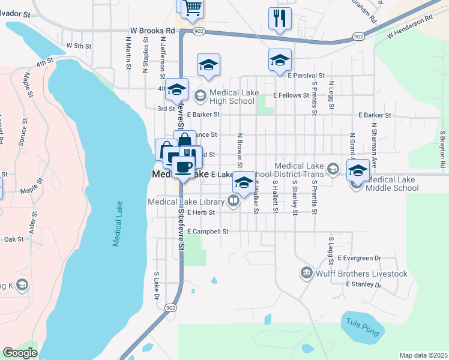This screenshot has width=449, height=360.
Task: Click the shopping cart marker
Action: (x=193, y=8)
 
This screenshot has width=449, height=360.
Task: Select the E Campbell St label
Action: (x=208, y=231)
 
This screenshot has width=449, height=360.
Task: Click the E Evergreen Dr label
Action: (x=359, y=258)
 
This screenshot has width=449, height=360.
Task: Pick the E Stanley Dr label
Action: (x=364, y=284)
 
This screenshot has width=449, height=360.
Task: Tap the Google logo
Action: (x=20, y=353)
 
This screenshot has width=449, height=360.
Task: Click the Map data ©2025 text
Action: (x=423, y=355)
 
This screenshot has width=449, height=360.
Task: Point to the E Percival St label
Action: (x=306, y=76)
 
